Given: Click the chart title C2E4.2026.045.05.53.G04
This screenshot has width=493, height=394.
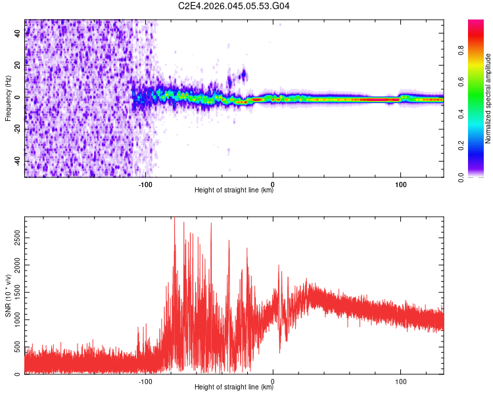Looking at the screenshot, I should (234, 6).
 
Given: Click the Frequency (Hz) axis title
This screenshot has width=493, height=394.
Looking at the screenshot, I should (8, 98).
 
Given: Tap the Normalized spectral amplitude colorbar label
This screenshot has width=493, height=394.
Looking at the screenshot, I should (488, 98).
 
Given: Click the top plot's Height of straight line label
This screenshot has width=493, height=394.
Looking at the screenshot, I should (234, 190).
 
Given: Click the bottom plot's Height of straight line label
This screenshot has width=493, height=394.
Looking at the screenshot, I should (234, 387).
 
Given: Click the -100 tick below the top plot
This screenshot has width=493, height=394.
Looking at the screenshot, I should (145, 185).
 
